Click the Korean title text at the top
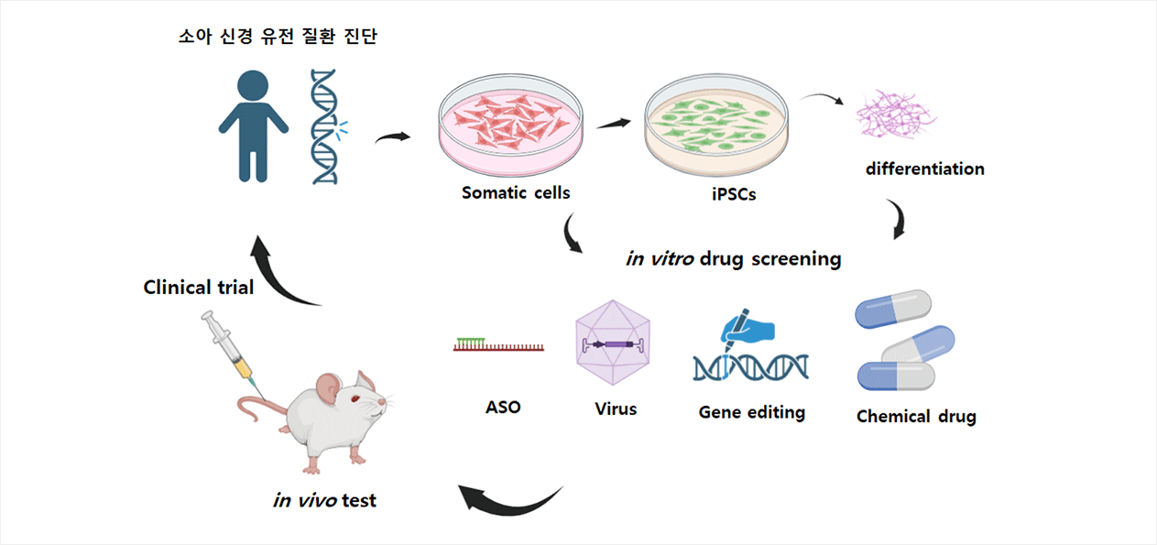[x=278, y=36]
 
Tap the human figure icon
[x=253, y=126]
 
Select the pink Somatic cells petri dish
[x=510, y=125]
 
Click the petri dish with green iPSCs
[x=715, y=125]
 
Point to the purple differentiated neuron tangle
[x=895, y=114]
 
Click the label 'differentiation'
[x=925, y=169]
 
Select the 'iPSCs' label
[x=734, y=194]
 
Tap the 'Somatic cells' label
[x=516, y=192]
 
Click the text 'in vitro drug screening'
[x=734, y=259]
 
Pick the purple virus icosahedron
[x=613, y=343]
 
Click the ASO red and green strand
[x=498, y=344]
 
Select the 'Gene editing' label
[x=751, y=412]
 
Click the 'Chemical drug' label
[x=916, y=417]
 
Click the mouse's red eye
[x=355, y=398]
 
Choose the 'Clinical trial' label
[x=199, y=288]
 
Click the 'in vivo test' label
[x=324, y=500]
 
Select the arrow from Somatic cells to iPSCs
[x=614, y=124]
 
